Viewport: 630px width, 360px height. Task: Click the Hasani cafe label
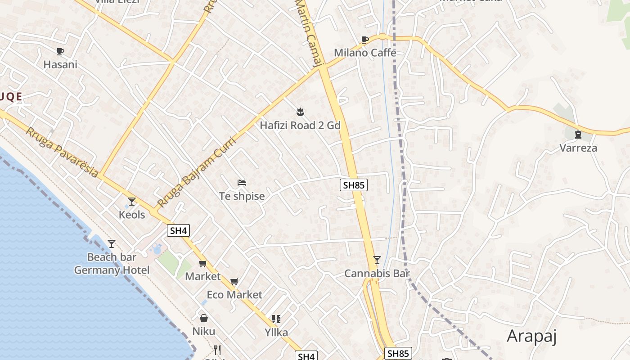pos(60,64)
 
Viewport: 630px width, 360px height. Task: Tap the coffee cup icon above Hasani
pos(60,51)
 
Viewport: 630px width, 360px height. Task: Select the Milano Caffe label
pos(365,53)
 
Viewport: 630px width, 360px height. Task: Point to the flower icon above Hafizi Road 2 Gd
pos(300,111)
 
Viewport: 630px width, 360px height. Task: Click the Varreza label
pos(578,148)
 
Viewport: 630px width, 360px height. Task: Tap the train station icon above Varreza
pos(578,134)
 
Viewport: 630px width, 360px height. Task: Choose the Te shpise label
pos(242,196)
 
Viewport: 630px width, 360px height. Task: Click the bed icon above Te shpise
pos(242,183)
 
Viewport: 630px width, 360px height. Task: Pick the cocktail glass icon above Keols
pos(132,201)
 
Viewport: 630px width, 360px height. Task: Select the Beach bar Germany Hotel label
pos(112,264)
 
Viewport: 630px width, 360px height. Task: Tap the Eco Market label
pos(234,295)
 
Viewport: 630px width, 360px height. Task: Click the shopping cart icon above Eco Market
pos(234,282)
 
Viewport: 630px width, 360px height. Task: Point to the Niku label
pos(204,332)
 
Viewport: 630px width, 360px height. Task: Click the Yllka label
pos(276,333)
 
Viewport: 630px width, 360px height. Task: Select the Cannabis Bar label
pos(377,273)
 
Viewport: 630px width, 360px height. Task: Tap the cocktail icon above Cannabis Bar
pos(377,260)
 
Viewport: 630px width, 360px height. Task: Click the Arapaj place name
pos(532,336)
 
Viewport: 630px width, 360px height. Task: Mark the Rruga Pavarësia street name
pos(62,152)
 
